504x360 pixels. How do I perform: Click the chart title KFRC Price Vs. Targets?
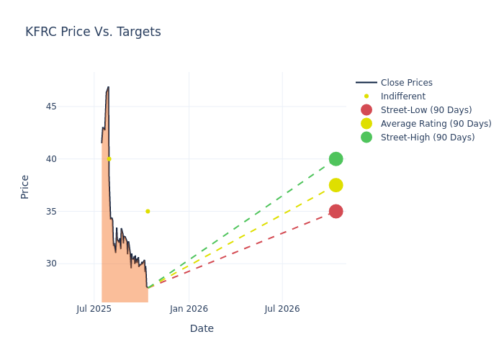[x=93, y=32]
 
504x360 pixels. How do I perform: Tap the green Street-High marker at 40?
[x=336, y=159]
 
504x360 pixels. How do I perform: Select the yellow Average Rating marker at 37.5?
[x=336, y=185]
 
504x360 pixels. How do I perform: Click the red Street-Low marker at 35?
[x=336, y=211]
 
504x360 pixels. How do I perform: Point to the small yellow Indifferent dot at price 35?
[x=148, y=211]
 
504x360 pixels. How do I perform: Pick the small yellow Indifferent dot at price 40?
[x=109, y=158]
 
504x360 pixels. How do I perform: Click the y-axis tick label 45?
[x=71, y=107]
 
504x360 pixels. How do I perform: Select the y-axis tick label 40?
[x=71, y=159]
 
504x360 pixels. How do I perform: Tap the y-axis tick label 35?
[x=71, y=211]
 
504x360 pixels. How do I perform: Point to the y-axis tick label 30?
[x=71, y=264]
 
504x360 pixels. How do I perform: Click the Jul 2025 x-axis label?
[x=94, y=309]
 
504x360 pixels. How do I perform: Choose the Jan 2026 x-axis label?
[x=189, y=309]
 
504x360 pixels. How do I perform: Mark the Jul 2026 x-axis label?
[x=282, y=309]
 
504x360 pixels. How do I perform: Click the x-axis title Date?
[x=202, y=328]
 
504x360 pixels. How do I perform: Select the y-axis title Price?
[x=25, y=186]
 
